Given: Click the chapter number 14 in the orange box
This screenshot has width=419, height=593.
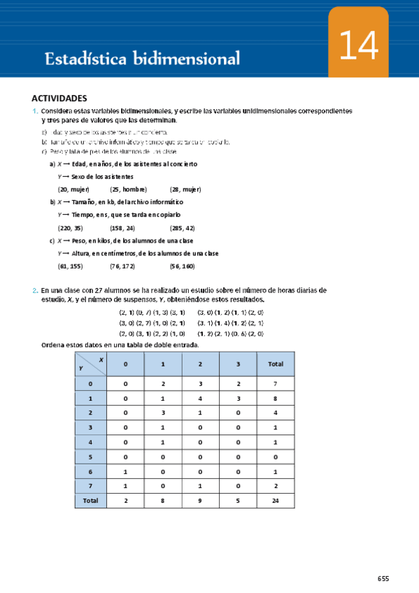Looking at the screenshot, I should click(359, 48).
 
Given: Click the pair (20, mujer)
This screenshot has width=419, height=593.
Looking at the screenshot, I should click(73, 190).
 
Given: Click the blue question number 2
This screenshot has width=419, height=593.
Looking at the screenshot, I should click(35, 290).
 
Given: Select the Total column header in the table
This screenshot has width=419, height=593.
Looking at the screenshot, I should click(276, 364).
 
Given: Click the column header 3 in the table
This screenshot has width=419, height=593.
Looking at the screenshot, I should click(237, 364).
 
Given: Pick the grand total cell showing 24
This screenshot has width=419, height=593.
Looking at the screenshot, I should click(276, 501).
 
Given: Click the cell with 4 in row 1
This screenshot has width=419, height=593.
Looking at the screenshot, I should click(199, 397).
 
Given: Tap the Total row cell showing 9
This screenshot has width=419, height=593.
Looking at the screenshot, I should click(199, 501).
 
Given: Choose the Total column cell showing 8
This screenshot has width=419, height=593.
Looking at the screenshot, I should click(276, 397).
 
